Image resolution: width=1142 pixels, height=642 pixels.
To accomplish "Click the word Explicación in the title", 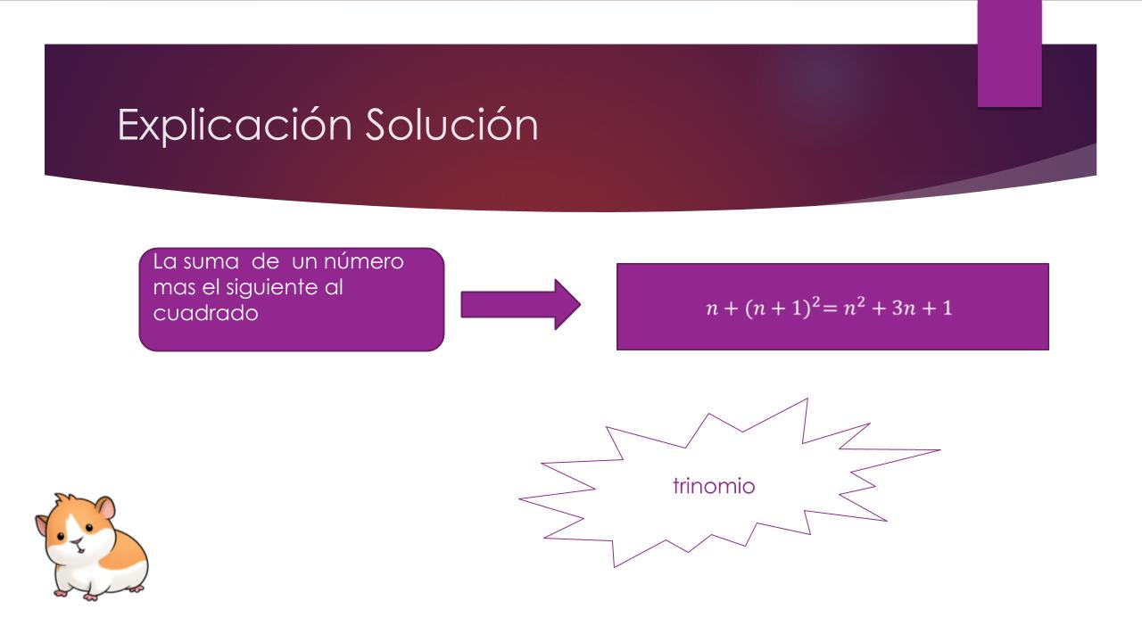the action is pyautogui.click(x=235, y=125).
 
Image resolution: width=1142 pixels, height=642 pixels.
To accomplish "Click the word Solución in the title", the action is pyautogui.click(x=451, y=124).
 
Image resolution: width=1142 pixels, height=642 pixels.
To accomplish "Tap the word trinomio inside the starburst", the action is pyautogui.click(x=714, y=486).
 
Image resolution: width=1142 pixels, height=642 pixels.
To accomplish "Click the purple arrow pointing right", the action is pyautogui.click(x=520, y=305).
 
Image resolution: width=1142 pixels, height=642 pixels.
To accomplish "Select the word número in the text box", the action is pyautogui.click(x=363, y=261).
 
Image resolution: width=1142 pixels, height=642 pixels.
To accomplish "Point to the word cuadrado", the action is pyautogui.click(x=205, y=313).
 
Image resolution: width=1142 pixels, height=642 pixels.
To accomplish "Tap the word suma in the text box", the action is pyautogui.click(x=211, y=262).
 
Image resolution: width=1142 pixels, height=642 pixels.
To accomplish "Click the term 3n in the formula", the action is pyautogui.click(x=904, y=308).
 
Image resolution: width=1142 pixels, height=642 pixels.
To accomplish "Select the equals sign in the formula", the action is pyautogui.click(x=831, y=309).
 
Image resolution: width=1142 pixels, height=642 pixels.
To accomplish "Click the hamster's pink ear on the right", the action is pyautogui.click(x=106, y=508).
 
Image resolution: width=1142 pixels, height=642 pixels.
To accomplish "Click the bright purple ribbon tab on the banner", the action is pyautogui.click(x=1009, y=53).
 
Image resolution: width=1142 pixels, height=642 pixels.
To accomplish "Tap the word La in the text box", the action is pyautogui.click(x=164, y=262).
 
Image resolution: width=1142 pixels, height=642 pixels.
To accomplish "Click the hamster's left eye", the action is pyautogui.click(x=61, y=536).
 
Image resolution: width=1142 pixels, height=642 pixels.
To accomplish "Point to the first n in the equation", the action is pyautogui.click(x=712, y=309).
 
